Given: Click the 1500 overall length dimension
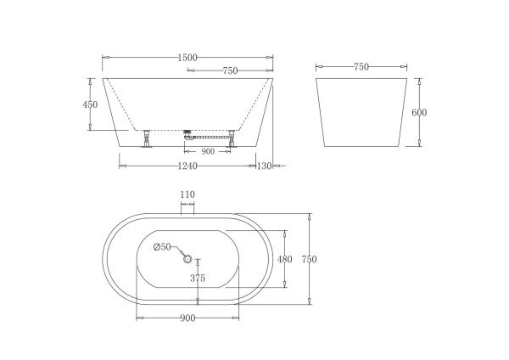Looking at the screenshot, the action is (187, 58).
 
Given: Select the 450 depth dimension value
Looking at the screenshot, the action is (90, 104).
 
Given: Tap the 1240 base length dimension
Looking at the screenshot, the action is (187, 166).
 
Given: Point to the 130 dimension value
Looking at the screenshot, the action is (264, 166).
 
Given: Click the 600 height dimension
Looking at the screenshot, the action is (419, 112).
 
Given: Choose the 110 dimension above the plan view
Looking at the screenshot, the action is (187, 194).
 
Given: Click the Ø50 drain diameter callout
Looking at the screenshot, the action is (162, 247).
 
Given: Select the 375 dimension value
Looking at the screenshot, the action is (198, 278).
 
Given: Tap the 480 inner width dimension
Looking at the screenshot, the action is (285, 259).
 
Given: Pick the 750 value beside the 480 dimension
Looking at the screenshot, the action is (309, 259).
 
